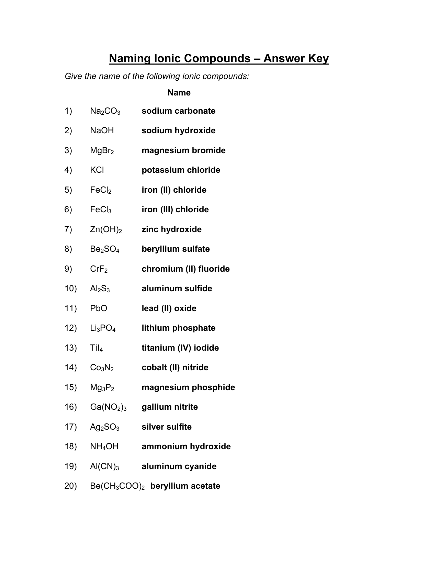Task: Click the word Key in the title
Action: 318,59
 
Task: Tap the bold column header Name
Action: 179,93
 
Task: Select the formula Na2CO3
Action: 105,111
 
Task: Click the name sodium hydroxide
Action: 178,131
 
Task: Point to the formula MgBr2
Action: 102,151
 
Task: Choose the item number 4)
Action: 68,170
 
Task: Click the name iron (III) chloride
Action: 175,209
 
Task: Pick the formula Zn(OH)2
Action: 106,230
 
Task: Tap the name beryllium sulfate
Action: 176,249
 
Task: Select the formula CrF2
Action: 99,269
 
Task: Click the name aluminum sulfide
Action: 177,288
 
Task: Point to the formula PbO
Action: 99,308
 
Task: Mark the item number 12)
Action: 70,328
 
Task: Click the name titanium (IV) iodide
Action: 180,348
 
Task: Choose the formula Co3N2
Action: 102,368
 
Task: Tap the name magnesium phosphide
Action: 188,387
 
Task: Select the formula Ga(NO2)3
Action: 108,407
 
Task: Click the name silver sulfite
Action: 167,427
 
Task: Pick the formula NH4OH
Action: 104,446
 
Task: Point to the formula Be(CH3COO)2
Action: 117,486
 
